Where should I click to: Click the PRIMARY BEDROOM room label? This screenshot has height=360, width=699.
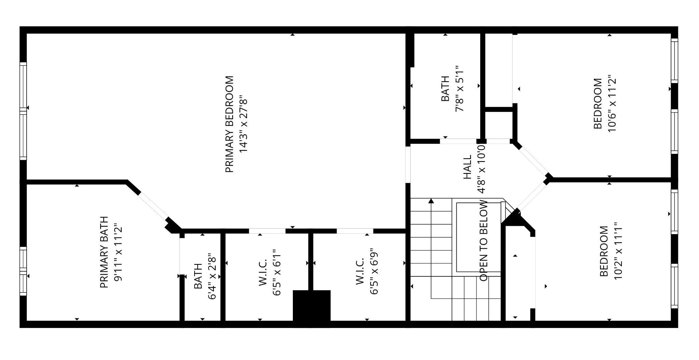point(230,124)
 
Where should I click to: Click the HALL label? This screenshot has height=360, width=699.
point(467,167)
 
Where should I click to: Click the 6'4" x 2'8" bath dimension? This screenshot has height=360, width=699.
point(212,276)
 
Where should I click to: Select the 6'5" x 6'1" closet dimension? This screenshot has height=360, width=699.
point(277,272)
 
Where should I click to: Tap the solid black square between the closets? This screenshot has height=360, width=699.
point(312,305)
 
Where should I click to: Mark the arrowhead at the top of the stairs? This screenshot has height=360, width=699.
point(431,201)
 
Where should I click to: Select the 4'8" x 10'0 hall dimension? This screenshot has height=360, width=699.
point(481,169)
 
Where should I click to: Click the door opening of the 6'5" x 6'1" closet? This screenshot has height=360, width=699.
point(267,231)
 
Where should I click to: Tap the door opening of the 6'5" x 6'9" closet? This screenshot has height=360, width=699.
point(355,231)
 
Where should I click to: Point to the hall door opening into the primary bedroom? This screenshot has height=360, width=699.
point(408,164)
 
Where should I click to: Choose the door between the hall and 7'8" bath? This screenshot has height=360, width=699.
point(458,141)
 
